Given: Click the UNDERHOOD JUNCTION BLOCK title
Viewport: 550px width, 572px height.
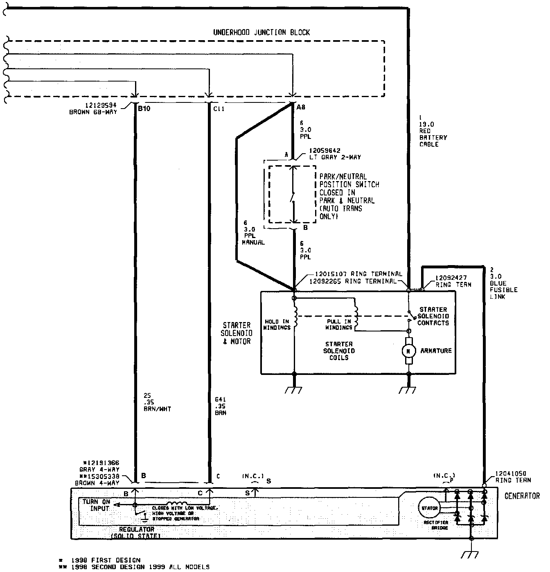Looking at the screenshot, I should pyautogui.click(x=261, y=32).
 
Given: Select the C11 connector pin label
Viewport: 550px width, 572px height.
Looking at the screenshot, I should pyautogui.click(x=219, y=109).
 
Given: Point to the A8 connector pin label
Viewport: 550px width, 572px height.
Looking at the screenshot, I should pyautogui.click(x=301, y=107).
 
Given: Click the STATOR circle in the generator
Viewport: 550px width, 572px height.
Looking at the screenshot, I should pyautogui.click(x=428, y=508).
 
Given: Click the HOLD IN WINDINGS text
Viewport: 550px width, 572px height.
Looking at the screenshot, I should pyautogui.click(x=277, y=325).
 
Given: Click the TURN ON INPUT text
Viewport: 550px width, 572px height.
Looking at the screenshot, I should pyautogui.click(x=96, y=505).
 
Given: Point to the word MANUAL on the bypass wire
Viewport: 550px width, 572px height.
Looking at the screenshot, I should pyautogui.click(x=253, y=242).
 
